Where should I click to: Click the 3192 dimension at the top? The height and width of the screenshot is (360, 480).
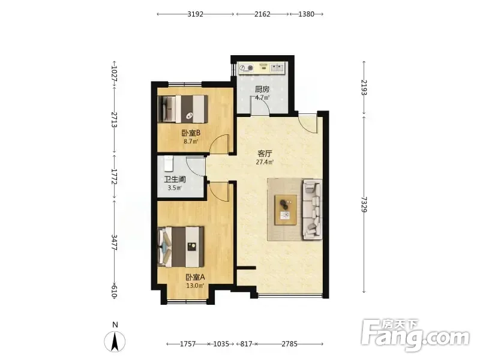click(x=196, y=14)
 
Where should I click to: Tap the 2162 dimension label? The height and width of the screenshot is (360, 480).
click(x=262, y=14)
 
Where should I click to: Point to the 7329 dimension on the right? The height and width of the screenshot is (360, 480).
click(x=364, y=204)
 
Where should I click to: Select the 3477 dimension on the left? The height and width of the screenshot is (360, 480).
click(x=114, y=243)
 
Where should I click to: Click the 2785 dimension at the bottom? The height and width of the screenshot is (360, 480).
click(x=289, y=344)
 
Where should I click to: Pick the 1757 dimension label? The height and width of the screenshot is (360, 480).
click(x=188, y=344)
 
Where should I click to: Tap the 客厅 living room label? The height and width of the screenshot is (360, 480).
click(x=265, y=154)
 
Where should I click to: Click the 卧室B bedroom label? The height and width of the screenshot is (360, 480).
click(x=191, y=133)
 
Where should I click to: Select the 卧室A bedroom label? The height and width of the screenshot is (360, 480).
click(x=196, y=277)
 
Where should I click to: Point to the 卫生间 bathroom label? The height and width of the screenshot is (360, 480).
click(x=175, y=179)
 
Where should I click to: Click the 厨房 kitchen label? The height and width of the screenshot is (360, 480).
click(x=262, y=89)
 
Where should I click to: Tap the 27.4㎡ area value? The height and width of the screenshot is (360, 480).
click(x=265, y=162)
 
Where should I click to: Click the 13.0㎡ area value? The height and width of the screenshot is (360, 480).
click(x=196, y=286)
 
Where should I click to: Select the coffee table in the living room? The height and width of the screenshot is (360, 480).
click(x=286, y=209)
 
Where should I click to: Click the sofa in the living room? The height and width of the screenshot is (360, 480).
click(x=312, y=209)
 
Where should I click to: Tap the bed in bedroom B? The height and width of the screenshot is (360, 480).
click(x=183, y=109)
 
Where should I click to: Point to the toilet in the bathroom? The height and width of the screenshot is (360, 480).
click(x=169, y=164)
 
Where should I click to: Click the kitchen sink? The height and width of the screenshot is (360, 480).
click(x=277, y=68)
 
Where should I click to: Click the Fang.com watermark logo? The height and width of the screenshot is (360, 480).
click(x=415, y=336)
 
